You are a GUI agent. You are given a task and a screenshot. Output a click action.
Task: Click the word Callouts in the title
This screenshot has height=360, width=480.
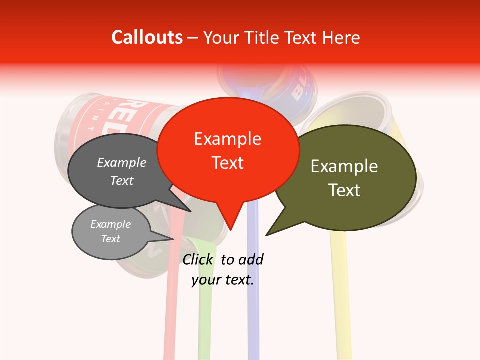(x=147, y=37)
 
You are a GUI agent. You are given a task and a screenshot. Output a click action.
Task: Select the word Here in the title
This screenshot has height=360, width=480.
(x=342, y=37)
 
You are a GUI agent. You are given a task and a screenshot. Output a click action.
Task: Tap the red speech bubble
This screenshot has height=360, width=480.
(x=228, y=150)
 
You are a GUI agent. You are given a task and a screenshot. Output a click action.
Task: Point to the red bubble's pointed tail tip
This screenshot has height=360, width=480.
(x=231, y=229)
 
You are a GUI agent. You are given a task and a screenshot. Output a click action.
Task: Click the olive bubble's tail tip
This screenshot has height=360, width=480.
(x=266, y=235)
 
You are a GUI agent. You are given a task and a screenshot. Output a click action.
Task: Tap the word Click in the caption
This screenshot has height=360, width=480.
(x=197, y=259)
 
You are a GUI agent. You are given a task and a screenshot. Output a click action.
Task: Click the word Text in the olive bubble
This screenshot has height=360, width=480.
(x=344, y=190)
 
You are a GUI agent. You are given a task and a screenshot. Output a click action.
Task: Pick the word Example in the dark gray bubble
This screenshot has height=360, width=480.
(x=122, y=162)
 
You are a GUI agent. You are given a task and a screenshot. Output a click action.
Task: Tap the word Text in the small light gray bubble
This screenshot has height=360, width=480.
(x=111, y=239)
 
